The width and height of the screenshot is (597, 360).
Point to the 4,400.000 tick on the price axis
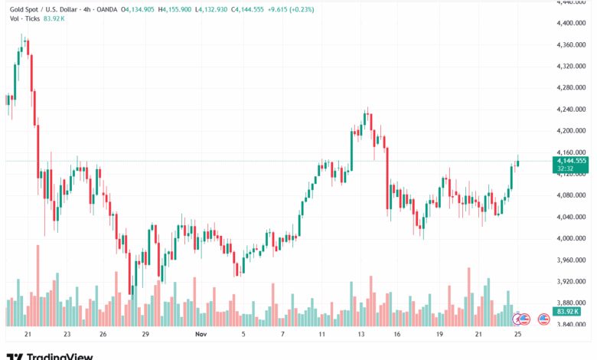(571, 23)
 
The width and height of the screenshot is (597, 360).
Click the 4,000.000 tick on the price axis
(571, 238)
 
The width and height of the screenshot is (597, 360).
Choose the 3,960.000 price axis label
(571, 260)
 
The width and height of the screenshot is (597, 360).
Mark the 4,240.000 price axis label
(571, 109)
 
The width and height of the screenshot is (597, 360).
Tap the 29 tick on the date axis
(145, 335)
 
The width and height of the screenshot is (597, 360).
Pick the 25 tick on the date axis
(517, 335)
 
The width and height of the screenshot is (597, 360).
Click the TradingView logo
(50, 355)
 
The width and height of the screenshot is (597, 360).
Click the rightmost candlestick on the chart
(518, 162)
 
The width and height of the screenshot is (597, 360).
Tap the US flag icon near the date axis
(544, 319)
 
